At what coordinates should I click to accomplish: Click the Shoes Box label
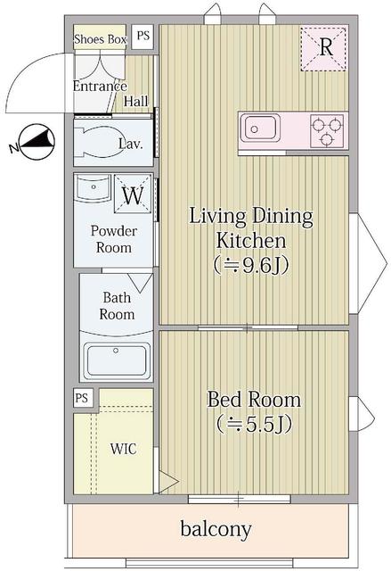point(100,39)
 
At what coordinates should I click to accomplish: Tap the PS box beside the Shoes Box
point(143,36)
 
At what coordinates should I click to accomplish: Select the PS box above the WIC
point(82,398)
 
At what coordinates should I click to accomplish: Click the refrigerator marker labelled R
point(323,49)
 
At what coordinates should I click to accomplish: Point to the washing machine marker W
point(133,194)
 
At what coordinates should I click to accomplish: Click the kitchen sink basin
point(260,128)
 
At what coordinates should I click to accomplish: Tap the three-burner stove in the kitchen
point(327,130)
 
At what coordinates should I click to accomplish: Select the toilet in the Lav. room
point(97,142)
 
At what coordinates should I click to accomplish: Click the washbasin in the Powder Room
point(93,188)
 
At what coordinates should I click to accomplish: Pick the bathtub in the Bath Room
point(117,360)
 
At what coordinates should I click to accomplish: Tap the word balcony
point(216,529)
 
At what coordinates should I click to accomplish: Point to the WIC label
point(124,449)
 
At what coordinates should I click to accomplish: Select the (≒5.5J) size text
point(254,424)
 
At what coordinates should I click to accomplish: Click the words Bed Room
point(254,400)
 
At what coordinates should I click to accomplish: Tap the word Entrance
point(100,86)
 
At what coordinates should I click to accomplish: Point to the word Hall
point(136,101)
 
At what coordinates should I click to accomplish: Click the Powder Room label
point(114,239)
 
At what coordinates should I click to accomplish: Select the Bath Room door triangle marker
point(140,283)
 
